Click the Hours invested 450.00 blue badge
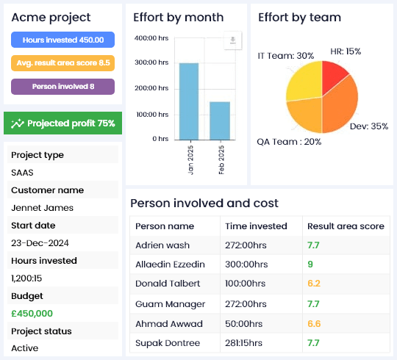[x=62, y=40]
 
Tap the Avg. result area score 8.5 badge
[x=62, y=63]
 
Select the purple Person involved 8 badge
[x=62, y=87]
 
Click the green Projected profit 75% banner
[x=62, y=123]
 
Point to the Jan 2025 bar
[x=189, y=101]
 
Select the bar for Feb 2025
[x=220, y=120]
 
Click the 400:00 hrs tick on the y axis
[x=152, y=38]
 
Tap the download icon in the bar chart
[x=232, y=41]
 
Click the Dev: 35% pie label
[x=369, y=126]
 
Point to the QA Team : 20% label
[x=289, y=142]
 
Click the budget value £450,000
[x=32, y=313]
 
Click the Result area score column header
[x=346, y=226]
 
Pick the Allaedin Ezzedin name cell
[x=170, y=264]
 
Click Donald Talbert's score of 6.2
[x=313, y=284]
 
